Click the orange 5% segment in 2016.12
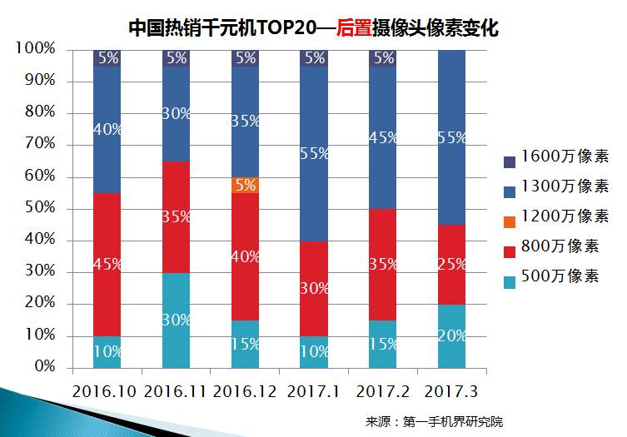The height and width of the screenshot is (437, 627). click(x=246, y=185)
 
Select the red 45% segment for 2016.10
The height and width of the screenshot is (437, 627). click(x=107, y=264)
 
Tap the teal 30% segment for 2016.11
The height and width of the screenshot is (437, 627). click(x=177, y=320)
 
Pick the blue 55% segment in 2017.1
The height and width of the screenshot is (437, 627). click(x=315, y=152)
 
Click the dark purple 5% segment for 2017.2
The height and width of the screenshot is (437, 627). click(x=384, y=57)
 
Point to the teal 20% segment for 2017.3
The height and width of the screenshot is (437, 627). click(x=452, y=335)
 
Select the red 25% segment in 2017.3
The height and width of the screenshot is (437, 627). click(x=452, y=264)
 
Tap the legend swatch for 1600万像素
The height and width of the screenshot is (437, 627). click(x=510, y=161)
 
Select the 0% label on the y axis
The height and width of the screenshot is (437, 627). click(x=43, y=367)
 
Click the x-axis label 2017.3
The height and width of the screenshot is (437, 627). click(x=452, y=389)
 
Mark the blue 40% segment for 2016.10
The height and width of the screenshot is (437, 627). click(x=107, y=129)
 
